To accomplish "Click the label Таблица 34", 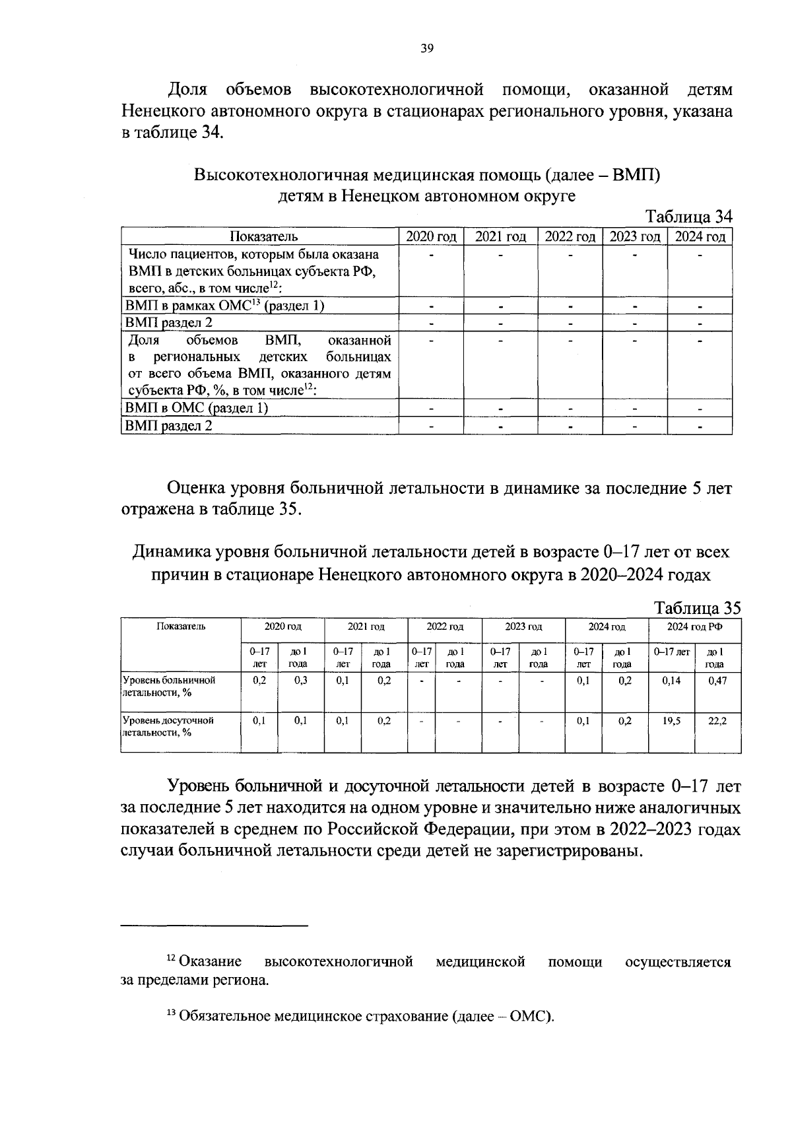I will pyautogui.click(x=689, y=217).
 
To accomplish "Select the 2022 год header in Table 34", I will pyautogui.click(x=570, y=236).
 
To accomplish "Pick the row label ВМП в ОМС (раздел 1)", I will pyautogui.click(x=197, y=408).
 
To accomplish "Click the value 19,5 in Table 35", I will pyautogui.click(x=672, y=721).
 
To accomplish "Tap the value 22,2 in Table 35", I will pyautogui.click(x=717, y=721).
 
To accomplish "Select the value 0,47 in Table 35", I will pyautogui.click(x=717, y=681).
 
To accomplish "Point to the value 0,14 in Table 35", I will pyautogui.click(x=672, y=681).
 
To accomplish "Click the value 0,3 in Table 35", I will pyautogui.click(x=300, y=681).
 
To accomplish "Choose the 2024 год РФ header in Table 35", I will pyautogui.click(x=694, y=627).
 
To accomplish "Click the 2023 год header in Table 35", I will pyautogui.click(x=523, y=627).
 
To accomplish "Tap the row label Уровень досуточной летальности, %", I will pyautogui.click(x=168, y=726).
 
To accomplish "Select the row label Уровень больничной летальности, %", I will pyautogui.click(x=170, y=686).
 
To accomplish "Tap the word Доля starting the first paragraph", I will pyautogui.click(x=187, y=89).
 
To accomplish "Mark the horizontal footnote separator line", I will pyautogui.click(x=214, y=926).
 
